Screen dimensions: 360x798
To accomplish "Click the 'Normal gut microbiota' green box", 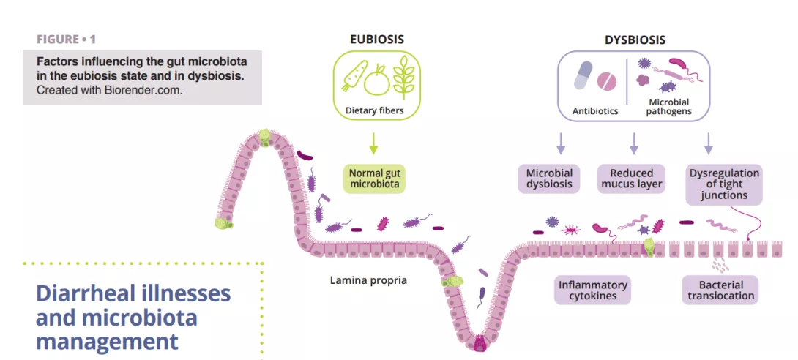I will tap(373, 178).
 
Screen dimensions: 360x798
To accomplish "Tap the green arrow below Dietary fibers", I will tap(373, 143).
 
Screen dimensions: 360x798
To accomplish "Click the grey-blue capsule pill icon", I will tap(583, 74).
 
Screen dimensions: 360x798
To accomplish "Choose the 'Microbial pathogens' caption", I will tap(668, 106).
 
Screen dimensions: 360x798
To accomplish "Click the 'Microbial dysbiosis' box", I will tap(549, 179).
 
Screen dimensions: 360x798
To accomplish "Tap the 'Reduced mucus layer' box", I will tap(631, 179).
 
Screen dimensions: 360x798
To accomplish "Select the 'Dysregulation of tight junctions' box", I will tap(724, 184).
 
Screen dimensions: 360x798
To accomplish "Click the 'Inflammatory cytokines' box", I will tap(593, 290).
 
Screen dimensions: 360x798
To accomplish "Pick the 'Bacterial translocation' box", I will tap(720, 290).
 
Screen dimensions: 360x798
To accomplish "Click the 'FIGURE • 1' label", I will tap(67, 39).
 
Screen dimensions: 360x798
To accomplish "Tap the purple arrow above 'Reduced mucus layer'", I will tap(634, 143).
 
